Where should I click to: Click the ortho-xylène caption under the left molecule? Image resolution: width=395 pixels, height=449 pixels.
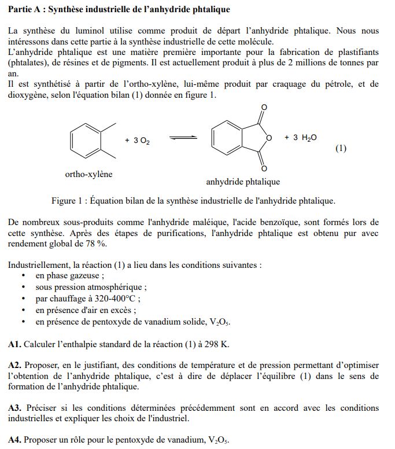(88, 174)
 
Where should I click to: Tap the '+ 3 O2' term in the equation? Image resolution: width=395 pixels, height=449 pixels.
(137, 141)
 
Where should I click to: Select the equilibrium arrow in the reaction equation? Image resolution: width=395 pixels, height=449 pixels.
(183, 138)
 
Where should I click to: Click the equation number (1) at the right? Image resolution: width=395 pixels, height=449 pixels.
(341, 148)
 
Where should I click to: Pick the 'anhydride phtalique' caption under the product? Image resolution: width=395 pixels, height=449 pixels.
(243, 182)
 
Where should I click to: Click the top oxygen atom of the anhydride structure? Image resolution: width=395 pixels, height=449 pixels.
(264, 108)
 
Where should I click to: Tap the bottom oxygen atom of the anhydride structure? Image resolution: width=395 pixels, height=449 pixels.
(264, 169)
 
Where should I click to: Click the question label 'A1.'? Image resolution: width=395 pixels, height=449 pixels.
(15, 344)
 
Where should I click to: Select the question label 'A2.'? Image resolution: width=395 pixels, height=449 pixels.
(15, 365)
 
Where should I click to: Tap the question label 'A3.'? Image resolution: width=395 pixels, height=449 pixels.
(15, 408)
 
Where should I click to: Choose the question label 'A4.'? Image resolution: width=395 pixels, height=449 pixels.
(15, 440)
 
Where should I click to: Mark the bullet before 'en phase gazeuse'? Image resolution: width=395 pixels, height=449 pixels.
(23, 276)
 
